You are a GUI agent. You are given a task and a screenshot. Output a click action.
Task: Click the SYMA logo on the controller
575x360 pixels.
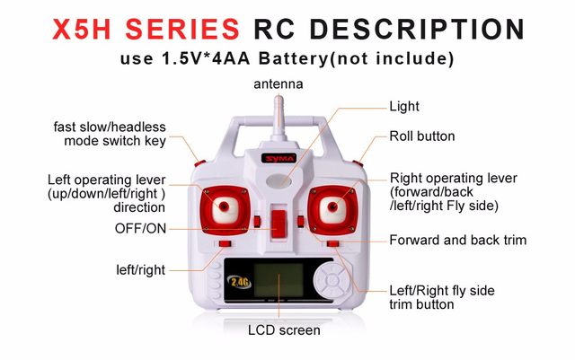(x=279, y=158)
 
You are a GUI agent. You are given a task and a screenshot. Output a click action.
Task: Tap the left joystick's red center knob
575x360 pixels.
(x=224, y=206)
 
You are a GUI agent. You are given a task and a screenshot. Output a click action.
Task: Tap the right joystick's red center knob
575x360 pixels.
(x=332, y=206)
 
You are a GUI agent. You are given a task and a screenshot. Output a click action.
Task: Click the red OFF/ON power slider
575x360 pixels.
(x=279, y=224)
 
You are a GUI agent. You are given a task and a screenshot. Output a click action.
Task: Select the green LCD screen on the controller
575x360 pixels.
(x=279, y=280)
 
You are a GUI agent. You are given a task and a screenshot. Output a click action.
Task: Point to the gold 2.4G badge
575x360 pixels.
(x=240, y=282)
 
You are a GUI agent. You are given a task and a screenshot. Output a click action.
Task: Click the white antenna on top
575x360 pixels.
(x=279, y=118)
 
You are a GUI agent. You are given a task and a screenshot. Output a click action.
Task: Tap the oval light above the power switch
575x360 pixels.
(x=279, y=180)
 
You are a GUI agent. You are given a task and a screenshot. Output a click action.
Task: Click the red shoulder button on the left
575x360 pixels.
(x=199, y=163)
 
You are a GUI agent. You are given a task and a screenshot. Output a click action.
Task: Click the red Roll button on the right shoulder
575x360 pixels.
(x=358, y=163)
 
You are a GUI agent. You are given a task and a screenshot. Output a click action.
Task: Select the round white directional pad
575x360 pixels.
(x=332, y=281)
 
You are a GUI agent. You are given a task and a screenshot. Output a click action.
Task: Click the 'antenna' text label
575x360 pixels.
(x=279, y=84)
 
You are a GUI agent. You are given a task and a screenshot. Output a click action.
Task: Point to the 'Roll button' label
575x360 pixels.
(x=422, y=136)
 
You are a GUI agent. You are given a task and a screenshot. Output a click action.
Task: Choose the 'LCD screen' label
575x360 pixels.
(x=284, y=330)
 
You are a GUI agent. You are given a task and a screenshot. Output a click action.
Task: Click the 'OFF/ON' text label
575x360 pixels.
(x=140, y=228)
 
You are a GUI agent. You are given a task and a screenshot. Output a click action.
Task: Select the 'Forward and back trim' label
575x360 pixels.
(x=458, y=240)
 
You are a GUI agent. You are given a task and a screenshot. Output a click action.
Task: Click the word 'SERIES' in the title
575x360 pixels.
(x=182, y=29)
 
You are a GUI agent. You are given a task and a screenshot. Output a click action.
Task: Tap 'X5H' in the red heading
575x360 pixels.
(x=82, y=29)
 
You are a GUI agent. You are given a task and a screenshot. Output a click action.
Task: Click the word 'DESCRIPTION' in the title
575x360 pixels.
(x=417, y=29)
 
